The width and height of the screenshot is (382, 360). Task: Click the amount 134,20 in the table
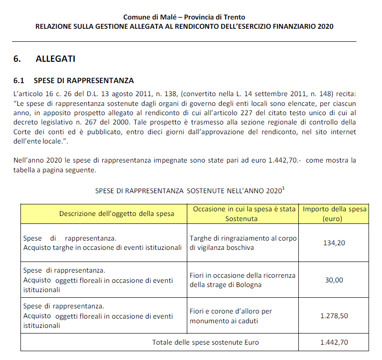point(334,242)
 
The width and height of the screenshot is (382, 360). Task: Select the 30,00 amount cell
point(334,280)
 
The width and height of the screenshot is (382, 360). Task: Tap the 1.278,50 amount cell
point(334,316)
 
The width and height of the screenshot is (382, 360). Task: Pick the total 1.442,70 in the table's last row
point(334,342)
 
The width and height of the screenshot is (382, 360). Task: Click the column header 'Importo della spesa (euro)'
point(335,214)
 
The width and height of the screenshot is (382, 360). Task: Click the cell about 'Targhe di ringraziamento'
point(243,242)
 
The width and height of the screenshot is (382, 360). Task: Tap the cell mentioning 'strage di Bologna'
point(242,280)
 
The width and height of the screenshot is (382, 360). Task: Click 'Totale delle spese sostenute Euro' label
point(205,342)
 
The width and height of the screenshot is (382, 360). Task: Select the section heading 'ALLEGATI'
point(55,59)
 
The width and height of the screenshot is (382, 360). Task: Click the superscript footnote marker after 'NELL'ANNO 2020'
point(283,188)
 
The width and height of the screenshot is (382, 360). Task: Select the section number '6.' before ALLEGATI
point(18,59)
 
